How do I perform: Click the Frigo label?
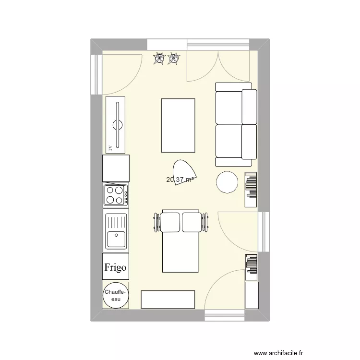click(115, 267)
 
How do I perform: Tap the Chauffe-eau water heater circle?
click(115, 295)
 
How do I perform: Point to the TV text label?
click(110, 148)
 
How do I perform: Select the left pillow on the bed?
click(170, 222)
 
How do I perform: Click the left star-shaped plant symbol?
click(158, 59)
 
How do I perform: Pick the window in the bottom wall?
click(225, 315)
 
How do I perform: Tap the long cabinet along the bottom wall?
click(168, 300)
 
